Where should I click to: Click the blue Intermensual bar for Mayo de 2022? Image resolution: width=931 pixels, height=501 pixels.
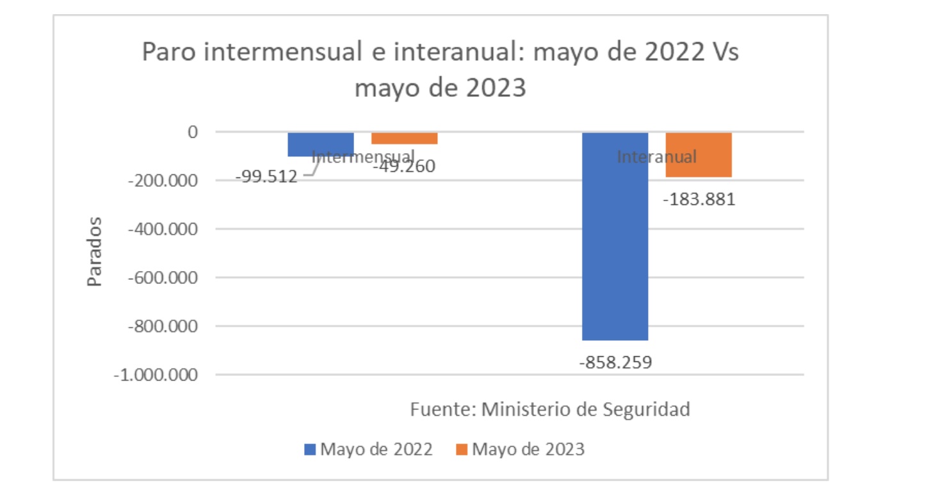[320, 144]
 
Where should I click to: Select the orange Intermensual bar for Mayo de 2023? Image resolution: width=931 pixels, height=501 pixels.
[404, 138]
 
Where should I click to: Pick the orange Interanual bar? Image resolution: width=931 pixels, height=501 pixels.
[699, 154]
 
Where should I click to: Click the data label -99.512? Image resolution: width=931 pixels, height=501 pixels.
[266, 177]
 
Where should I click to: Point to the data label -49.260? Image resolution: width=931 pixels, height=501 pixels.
[403, 167]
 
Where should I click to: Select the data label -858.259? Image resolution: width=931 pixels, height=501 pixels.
[615, 363]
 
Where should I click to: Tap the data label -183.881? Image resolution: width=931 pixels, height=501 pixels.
[699, 200]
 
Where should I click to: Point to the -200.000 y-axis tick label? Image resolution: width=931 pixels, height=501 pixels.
[162, 181]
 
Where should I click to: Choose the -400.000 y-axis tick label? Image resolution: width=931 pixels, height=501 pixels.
[162, 229]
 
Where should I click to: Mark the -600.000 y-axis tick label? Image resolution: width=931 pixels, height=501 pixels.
[162, 278]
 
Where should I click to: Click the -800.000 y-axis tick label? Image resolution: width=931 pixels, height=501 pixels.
[162, 327]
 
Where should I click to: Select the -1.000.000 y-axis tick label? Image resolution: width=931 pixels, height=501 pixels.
[155, 375]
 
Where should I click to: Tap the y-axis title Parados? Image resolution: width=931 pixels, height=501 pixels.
[95, 252]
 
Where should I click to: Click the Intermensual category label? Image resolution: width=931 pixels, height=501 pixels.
[362, 156]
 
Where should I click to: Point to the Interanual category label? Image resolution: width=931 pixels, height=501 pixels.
[656, 156]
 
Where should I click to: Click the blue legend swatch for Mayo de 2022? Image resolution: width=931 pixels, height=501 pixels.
[311, 450]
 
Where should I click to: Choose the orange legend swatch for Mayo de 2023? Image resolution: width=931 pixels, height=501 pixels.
[462, 450]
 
